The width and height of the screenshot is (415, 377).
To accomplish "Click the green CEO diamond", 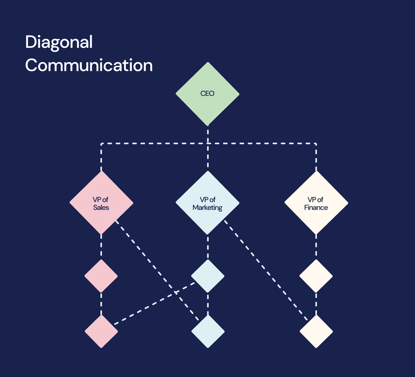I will (207, 94).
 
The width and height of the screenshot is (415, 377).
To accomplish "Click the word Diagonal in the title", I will (59, 42).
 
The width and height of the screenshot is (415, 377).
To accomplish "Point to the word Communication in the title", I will (89, 65).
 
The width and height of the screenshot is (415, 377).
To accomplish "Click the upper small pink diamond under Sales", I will (101, 276).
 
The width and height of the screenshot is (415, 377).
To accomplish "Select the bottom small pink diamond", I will (101, 331).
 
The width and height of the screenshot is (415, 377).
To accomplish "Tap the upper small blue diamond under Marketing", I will (208, 276).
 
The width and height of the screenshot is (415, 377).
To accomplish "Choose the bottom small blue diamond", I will (208, 331).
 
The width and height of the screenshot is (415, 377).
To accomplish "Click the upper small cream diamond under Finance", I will (316, 276).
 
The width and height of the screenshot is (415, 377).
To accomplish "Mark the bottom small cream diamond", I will (316, 331).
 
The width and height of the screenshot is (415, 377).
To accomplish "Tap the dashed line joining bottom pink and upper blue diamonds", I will (154, 303).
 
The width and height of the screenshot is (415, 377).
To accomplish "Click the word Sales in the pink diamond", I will (101, 207).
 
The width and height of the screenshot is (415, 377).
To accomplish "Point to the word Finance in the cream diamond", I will (316, 207).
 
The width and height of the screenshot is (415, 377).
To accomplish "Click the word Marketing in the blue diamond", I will (207, 207).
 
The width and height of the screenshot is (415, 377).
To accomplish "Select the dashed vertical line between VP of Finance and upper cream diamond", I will (316, 247).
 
